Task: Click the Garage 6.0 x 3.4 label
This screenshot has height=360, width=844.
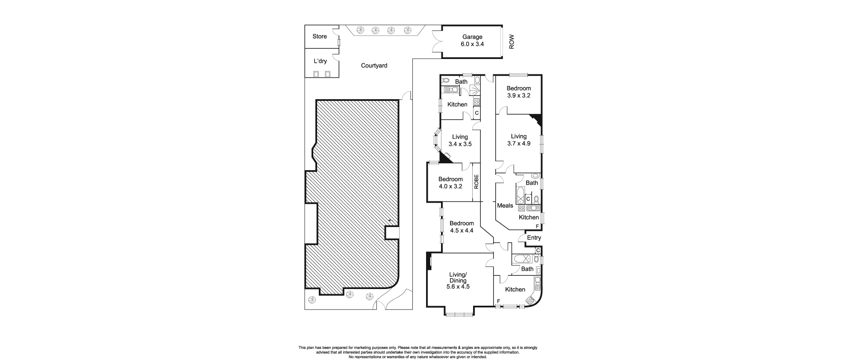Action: coord(472,41)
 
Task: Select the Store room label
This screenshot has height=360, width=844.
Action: coord(320,36)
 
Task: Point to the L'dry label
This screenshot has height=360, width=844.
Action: coord(320,61)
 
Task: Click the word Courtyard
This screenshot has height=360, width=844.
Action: coord(374,65)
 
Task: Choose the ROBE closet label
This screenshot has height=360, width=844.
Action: coord(476,182)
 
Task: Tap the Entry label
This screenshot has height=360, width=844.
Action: coord(534,238)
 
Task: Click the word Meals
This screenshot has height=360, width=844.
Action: coord(505,205)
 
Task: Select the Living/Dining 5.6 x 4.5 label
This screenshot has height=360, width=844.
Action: coord(458,280)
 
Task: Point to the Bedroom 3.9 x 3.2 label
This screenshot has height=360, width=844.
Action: coord(519,92)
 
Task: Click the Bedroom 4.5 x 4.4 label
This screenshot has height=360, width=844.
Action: coord(462,227)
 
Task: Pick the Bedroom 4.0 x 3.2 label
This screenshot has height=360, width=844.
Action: coord(450,183)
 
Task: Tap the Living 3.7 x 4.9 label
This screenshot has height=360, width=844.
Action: coord(519,140)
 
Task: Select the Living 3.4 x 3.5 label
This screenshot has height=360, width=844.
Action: coord(460,140)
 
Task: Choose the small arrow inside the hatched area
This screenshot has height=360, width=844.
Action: coord(390,221)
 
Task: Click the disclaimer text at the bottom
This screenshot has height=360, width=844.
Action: coord(418,352)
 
